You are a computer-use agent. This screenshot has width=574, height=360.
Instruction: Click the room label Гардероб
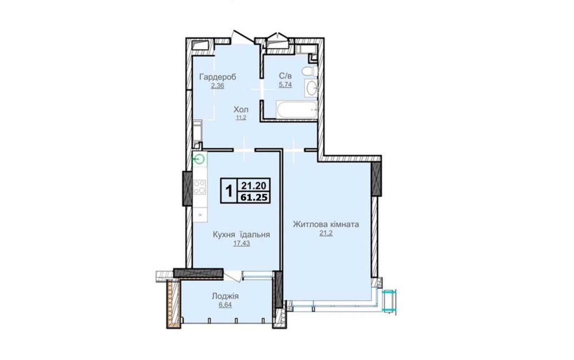218,77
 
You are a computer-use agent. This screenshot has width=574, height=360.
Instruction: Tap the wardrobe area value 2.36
217,86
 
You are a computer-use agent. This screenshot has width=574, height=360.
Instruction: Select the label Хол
241,110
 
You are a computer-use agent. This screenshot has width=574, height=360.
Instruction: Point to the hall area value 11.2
241,118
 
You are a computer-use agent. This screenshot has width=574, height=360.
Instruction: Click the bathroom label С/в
285,76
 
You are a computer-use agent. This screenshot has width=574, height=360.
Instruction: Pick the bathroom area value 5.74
285,85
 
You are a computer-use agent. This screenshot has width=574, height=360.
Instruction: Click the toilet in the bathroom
310,71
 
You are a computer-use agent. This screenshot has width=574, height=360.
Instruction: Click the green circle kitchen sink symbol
199,159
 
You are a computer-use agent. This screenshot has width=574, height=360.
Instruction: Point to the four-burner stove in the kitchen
200,187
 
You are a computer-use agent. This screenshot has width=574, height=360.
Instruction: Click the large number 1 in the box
229,191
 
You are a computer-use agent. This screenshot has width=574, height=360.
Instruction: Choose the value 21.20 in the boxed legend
254,184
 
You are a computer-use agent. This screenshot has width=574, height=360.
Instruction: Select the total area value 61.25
254,198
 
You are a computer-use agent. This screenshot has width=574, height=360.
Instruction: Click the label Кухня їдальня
242,235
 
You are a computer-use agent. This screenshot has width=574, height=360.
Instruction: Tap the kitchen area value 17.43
242,243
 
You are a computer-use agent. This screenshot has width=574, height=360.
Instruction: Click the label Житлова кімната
326,224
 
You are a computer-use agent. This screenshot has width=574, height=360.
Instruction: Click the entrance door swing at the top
243,36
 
